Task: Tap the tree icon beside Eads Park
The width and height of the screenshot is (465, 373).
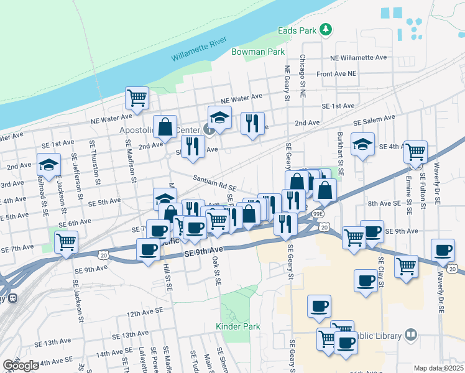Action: click(325, 29)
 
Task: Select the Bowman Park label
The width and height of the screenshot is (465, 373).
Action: click(258, 52)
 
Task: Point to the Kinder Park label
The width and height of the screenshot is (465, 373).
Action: click(237, 326)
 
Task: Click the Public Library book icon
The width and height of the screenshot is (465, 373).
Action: click(410, 336)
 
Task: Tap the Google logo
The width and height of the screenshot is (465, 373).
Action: click(21, 366)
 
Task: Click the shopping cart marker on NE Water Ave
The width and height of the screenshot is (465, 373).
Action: click(137, 98)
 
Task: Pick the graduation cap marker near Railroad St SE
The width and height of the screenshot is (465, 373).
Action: click(48, 165)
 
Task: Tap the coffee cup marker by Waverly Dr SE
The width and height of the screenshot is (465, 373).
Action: click(443, 250)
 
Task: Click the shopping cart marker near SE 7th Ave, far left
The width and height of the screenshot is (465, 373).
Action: click(66, 241)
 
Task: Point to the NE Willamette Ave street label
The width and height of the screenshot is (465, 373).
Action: click(359, 57)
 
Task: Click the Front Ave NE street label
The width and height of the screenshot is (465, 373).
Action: click(336, 73)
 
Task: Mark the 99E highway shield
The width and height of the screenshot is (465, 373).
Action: click(318, 213)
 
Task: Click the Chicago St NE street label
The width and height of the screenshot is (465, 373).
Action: click(303, 76)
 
